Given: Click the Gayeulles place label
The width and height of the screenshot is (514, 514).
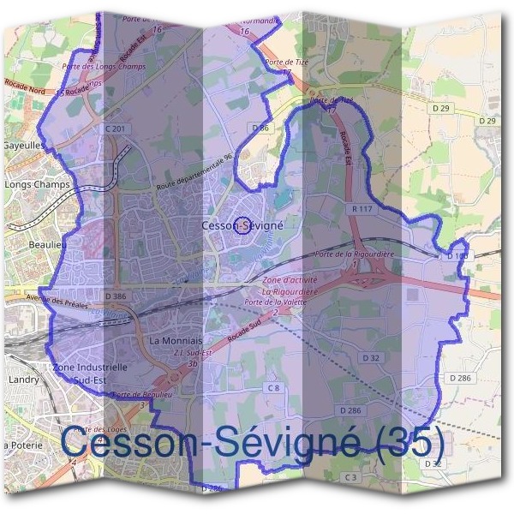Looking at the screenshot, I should point(26,146).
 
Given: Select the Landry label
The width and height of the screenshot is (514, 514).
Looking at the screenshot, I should point(19,378).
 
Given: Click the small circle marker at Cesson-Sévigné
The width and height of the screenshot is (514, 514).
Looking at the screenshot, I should point(243,225).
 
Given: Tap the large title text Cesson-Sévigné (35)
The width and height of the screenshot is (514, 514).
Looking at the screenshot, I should point(254,443).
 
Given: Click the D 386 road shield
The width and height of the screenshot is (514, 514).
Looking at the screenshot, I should point(116,296).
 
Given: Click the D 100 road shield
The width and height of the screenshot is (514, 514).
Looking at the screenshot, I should point(458,256).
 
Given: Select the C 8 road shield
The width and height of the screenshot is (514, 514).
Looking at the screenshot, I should point(272,389).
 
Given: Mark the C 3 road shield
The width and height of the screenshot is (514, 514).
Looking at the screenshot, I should point(350,476).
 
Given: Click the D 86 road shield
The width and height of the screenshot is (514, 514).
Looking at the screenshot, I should point(261,128).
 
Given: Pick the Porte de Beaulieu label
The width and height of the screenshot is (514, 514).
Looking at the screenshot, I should point(138,394).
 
